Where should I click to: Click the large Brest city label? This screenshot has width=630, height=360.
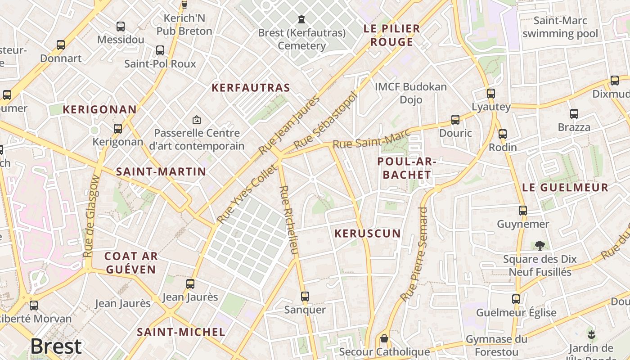coord(56,346)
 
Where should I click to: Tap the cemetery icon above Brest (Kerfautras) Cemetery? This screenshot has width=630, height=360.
coord(301,19)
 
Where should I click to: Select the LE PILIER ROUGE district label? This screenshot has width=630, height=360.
coord(391,35)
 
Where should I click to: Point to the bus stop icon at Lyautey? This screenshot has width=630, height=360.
coord(490,94)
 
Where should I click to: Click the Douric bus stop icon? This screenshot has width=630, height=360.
coord(455,120)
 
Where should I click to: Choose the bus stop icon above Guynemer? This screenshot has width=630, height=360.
coord(522,211)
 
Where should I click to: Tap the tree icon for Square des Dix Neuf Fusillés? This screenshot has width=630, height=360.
coord(540,246)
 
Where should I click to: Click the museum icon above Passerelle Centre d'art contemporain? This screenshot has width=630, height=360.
coord(196,120)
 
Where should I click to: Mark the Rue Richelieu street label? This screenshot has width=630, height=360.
coord(288,220)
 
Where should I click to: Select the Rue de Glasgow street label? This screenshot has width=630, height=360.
coord(91,216)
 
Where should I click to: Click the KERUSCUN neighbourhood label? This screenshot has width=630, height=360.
coord(368,233)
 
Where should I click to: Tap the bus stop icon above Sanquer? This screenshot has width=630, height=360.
coord(305,297)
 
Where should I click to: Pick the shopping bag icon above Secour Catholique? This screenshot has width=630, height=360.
coord(384,338)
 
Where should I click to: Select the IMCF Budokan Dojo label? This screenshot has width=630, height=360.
coord(411,93)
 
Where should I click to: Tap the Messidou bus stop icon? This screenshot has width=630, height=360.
coord(120,27)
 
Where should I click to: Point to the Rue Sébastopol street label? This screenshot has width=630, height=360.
coord(327,120)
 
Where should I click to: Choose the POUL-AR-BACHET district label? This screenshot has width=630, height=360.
coord(407,168)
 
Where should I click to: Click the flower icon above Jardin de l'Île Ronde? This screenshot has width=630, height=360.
coord(591,334)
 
